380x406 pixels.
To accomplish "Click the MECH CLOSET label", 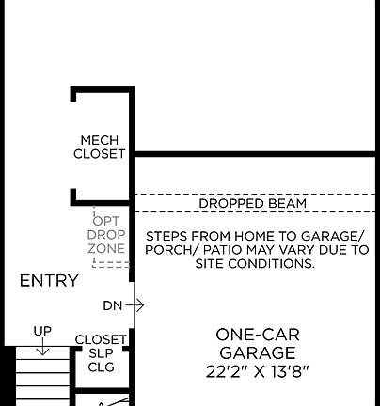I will pyautogui.click(x=100, y=147).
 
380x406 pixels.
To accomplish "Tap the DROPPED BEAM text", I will pyautogui.click(x=252, y=203).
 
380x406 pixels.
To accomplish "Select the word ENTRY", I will pyautogui.click(x=49, y=281).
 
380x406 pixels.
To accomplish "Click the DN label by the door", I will pyautogui.click(x=113, y=305).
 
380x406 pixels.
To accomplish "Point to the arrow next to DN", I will pyautogui.click(x=135, y=305).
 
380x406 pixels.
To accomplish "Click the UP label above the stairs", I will pyautogui.click(x=42, y=331).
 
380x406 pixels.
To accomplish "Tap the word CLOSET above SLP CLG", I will pyautogui.click(x=101, y=339).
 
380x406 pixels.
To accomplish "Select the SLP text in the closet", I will pyautogui.click(x=101, y=353).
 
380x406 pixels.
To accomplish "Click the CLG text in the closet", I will pyautogui.click(x=101, y=367).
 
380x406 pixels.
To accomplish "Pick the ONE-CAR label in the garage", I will pyautogui.click(x=258, y=335).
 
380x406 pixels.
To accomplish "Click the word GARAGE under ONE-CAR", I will pyautogui.click(x=258, y=352).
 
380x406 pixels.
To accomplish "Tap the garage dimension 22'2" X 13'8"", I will pyautogui.click(x=258, y=370).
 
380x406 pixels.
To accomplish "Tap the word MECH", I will pyautogui.click(x=100, y=140).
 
